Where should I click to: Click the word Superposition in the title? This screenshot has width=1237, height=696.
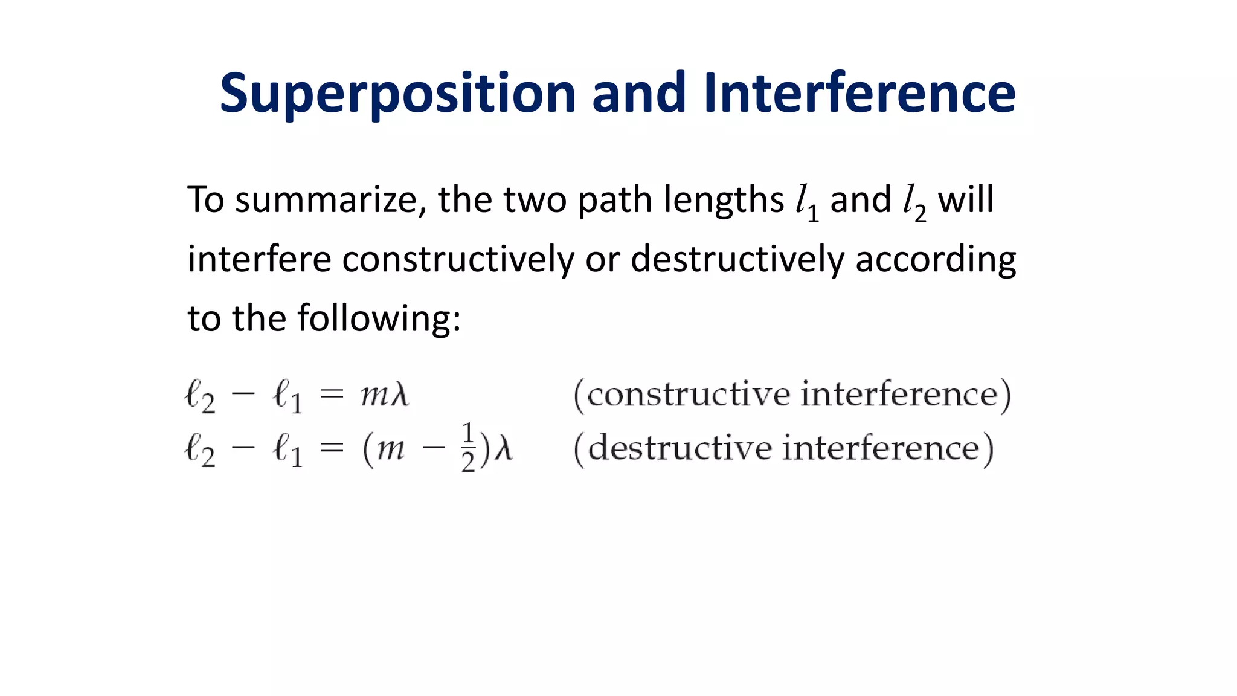click(x=397, y=94)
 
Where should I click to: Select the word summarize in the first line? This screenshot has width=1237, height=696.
click(x=326, y=200)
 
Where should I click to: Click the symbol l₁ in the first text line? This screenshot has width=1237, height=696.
click(x=807, y=203)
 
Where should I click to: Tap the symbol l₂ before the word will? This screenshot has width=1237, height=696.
click(x=914, y=203)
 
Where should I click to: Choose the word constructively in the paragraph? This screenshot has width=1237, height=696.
click(x=457, y=260)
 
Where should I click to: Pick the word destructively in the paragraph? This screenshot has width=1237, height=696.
click(x=737, y=260)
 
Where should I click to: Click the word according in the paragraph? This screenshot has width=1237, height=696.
click(x=936, y=260)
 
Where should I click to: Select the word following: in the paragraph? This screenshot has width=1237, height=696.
click(x=379, y=318)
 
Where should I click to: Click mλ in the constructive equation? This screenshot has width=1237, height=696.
click(x=385, y=396)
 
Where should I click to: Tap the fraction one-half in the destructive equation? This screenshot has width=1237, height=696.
click(x=468, y=448)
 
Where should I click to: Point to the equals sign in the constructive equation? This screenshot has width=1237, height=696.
click(x=331, y=396)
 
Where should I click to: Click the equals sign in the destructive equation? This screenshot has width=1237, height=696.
click(x=331, y=448)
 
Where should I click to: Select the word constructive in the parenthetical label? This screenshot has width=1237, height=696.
click(x=688, y=395)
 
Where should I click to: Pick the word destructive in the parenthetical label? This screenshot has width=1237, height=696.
click(x=679, y=448)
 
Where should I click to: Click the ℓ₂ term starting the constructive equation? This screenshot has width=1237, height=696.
click(x=200, y=397)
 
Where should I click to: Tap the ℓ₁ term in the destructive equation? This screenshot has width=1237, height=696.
click(x=288, y=451)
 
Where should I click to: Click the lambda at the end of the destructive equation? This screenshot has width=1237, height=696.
click(x=503, y=449)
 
